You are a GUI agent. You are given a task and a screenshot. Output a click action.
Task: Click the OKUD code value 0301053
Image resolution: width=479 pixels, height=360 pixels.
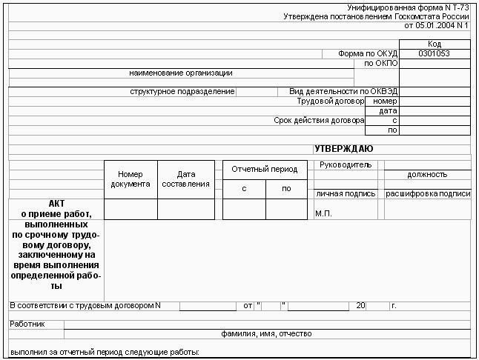[434, 53]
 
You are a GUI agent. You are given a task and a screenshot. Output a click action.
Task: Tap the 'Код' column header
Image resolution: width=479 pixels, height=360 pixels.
[434, 44]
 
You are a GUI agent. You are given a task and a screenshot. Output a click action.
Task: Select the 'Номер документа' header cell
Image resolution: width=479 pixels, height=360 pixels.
[131, 179]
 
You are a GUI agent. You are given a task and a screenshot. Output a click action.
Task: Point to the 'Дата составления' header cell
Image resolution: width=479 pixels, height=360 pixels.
[185, 179]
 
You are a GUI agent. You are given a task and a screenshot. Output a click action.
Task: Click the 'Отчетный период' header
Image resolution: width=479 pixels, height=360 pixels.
[264, 169]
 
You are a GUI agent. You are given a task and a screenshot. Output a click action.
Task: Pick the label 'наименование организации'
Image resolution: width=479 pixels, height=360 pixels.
[181, 73]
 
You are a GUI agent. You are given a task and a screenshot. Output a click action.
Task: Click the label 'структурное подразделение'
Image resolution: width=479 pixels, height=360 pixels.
[182, 92]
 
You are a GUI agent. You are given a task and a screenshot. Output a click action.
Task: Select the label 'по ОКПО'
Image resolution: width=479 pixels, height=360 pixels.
[381, 63]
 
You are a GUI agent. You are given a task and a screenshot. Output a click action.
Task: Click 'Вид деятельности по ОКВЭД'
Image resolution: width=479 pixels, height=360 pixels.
[343, 92]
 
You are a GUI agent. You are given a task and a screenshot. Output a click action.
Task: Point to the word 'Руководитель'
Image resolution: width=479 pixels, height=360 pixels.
[345, 164]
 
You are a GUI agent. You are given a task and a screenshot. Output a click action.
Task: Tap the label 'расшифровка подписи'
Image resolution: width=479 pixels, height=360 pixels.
[428, 194]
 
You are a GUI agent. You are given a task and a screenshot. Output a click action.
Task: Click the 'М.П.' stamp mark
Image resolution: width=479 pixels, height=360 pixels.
[323, 213]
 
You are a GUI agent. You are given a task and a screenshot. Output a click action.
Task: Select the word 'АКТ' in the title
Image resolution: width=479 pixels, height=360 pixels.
[57, 203]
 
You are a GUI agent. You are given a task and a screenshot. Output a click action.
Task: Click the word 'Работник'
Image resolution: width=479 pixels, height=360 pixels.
[27, 324]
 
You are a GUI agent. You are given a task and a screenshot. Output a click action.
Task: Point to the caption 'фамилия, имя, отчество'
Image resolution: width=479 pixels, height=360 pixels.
[266, 334]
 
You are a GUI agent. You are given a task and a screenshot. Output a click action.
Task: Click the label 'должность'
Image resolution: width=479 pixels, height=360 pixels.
[427, 175]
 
